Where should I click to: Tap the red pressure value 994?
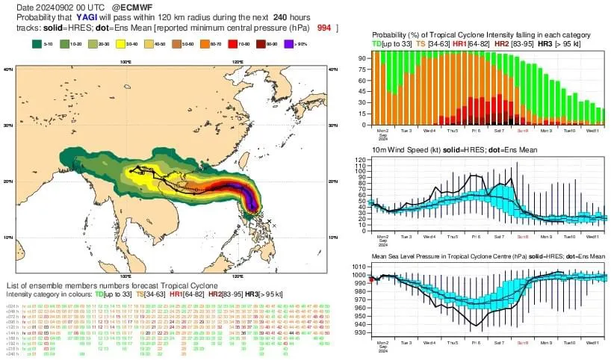pos(324,27)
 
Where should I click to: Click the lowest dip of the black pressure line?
pos(473,329)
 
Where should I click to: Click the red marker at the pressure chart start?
pos(370,279)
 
